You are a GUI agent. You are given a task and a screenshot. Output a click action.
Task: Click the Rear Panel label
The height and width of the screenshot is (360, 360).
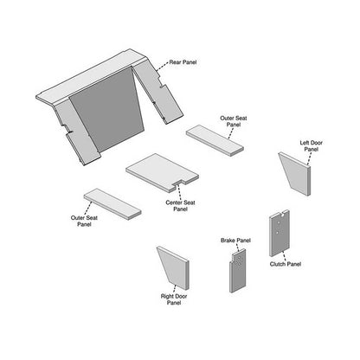(183, 62)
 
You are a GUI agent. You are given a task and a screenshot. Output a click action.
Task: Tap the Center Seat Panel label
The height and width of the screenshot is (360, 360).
(180, 206)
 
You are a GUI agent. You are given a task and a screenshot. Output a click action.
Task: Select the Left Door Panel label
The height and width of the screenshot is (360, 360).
(312, 145)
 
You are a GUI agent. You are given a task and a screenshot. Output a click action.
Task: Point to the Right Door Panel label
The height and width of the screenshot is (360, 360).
(174, 299)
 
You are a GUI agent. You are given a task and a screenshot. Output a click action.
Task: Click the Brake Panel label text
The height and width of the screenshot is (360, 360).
(235, 241)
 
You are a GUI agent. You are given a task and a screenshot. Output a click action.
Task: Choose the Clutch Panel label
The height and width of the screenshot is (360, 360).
(286, 264)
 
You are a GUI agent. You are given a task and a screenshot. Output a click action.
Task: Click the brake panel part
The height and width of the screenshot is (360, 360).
(238, 271)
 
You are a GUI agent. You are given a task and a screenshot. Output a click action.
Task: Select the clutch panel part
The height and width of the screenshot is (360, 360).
(280, 233)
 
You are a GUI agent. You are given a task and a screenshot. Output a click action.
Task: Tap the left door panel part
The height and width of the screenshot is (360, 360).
(295, 174)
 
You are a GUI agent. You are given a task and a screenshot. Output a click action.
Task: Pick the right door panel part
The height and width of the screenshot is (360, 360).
(174, 267)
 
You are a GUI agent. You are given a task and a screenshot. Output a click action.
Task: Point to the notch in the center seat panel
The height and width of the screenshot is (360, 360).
(179, 184)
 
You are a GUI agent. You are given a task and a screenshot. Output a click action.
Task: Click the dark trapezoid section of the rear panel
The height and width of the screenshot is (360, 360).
(107, 110)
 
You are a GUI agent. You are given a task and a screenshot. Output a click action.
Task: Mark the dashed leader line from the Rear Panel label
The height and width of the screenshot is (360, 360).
(163, 66)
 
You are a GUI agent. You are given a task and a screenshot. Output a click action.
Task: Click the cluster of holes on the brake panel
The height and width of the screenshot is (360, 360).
(240, 260)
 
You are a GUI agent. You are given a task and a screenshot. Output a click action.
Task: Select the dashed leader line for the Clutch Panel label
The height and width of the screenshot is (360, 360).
(285, 256)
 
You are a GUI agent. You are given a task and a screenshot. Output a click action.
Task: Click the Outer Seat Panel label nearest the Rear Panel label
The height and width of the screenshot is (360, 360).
(234, 121)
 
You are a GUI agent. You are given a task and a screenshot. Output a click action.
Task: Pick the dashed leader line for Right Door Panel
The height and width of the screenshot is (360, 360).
(175, 289)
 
